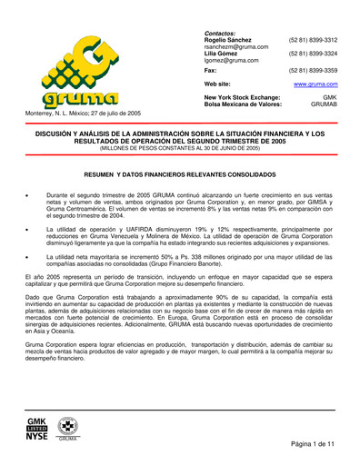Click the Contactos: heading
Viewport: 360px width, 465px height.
click(x=223, y=33)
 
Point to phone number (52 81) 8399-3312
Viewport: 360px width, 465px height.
click(x=312, y=40)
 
